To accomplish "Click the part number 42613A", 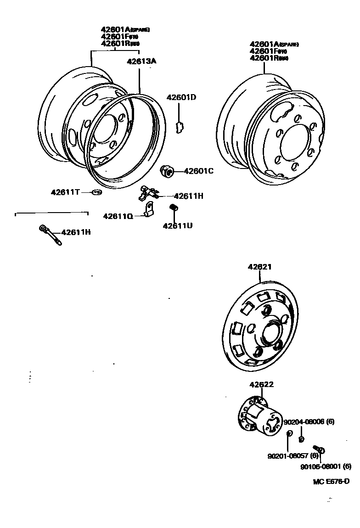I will click(142, 60).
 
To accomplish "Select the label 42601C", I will click(199, 171).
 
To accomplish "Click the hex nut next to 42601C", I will click(167, 172).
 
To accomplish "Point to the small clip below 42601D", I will click(180, 125).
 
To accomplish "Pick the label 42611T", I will click(65, 192).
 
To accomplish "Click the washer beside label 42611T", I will click(96, 192).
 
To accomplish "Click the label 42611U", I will click(177, 225).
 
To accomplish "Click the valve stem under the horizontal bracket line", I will click(50, 235).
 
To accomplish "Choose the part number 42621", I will click(260, 267).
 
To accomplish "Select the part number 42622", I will click(262, 384).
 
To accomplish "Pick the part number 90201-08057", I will click(293, 455).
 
